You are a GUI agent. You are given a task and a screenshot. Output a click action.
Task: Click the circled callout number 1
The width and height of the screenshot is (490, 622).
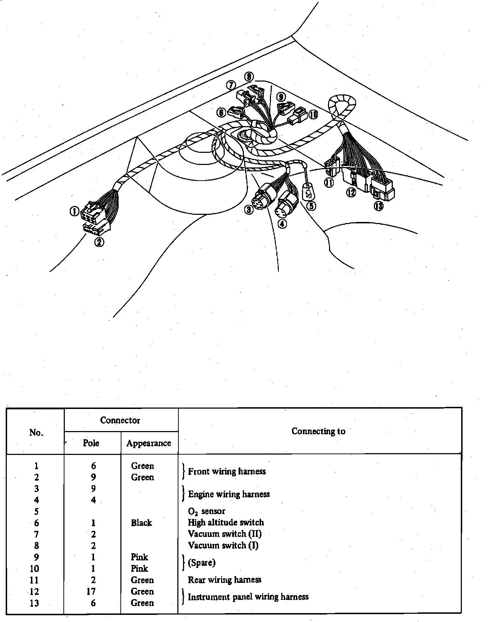tap(74, 212)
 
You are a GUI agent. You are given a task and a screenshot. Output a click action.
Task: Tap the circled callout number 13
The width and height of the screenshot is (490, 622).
tap(378, 206)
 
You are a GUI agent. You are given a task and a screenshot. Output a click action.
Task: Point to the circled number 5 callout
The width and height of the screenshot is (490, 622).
tap(311, 206)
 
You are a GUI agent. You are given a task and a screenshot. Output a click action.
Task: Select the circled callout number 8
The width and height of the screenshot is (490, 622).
tap(249, 77)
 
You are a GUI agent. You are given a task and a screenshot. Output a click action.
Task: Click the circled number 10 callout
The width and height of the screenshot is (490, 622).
tap(313, 114)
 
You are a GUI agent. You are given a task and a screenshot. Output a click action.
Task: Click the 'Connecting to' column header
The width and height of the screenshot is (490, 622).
tap(318, 431)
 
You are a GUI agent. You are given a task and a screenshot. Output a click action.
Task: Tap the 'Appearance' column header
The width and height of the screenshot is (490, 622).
tap(148, 443)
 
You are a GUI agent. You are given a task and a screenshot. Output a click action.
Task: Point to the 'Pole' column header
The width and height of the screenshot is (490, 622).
tap(91, 443)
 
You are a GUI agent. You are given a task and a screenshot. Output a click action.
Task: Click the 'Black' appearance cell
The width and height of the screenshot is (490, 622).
tap(141, 523)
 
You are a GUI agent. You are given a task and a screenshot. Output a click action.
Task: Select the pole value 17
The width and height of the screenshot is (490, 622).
tap(91, 591)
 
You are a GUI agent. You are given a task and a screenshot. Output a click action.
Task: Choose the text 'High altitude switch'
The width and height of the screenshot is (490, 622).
tap(226, 523)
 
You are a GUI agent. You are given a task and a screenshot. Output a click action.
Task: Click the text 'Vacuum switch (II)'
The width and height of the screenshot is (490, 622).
tap(224, 534)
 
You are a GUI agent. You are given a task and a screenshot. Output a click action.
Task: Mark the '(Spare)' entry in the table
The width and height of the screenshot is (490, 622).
tap(202, 563)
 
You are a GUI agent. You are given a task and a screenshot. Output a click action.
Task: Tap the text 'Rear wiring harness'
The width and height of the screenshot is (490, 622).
tap(224, 580)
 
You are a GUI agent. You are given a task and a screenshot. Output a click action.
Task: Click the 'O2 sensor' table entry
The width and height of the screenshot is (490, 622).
tap(207, 512)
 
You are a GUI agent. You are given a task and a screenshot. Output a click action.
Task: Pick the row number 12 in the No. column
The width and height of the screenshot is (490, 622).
tap(35, 592)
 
